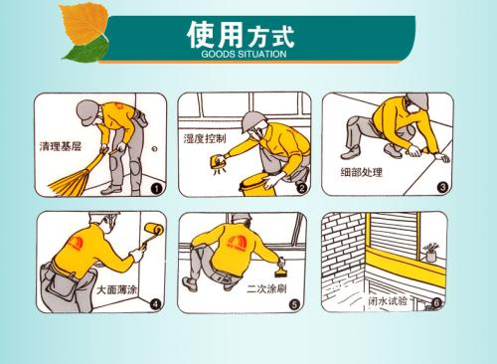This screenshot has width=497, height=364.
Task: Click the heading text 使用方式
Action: point(241,35)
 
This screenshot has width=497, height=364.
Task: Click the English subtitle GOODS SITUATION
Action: point(244,54)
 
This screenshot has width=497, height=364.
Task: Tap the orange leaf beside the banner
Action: point(84,23)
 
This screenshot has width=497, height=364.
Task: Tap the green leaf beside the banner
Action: point(86,51)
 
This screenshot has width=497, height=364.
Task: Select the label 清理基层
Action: point(61,146)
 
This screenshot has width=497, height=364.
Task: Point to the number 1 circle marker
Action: point(156,189)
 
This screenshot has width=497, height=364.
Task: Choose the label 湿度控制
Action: point(205,138)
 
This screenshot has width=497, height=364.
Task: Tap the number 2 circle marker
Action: point(301,188)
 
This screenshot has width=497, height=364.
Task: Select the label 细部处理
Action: point(361,172)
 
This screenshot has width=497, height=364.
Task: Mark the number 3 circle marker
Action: point(442,188)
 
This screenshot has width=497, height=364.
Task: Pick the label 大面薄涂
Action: point(116,290)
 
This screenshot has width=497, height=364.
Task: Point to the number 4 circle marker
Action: point(155,304)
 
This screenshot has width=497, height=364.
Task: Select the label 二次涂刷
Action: point(266,289)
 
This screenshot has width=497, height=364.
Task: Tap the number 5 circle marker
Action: point(294,304)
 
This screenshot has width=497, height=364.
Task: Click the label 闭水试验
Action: point(388,300)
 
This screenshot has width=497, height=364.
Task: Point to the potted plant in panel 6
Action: point(430,253)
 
